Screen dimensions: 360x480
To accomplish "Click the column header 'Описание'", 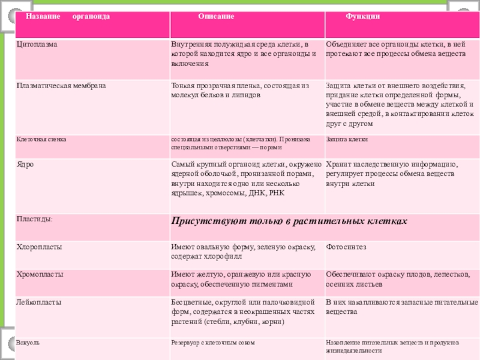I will coord(217,16).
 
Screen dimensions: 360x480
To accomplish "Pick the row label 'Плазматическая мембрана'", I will coord(61,86).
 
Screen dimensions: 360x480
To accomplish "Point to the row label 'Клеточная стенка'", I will coord(42,139).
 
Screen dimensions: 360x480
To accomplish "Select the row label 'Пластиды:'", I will coord(34,220).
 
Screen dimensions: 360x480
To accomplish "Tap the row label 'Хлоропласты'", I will coord(39,247).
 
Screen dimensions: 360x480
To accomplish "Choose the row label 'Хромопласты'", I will coord(40,274).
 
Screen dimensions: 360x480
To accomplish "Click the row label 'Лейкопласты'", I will coord(39,302).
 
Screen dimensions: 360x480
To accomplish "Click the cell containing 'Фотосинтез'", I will coord(346,247).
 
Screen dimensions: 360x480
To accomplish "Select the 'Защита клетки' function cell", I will coord(347,139).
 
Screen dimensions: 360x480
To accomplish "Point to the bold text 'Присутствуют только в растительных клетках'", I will coord(289,221).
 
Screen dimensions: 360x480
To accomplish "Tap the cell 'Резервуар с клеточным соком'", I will coord(213,343).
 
